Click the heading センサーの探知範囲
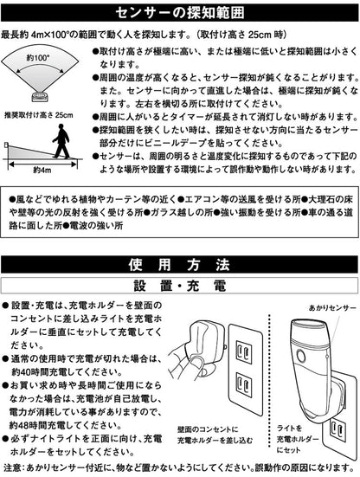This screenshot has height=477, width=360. [x=180, y=13]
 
